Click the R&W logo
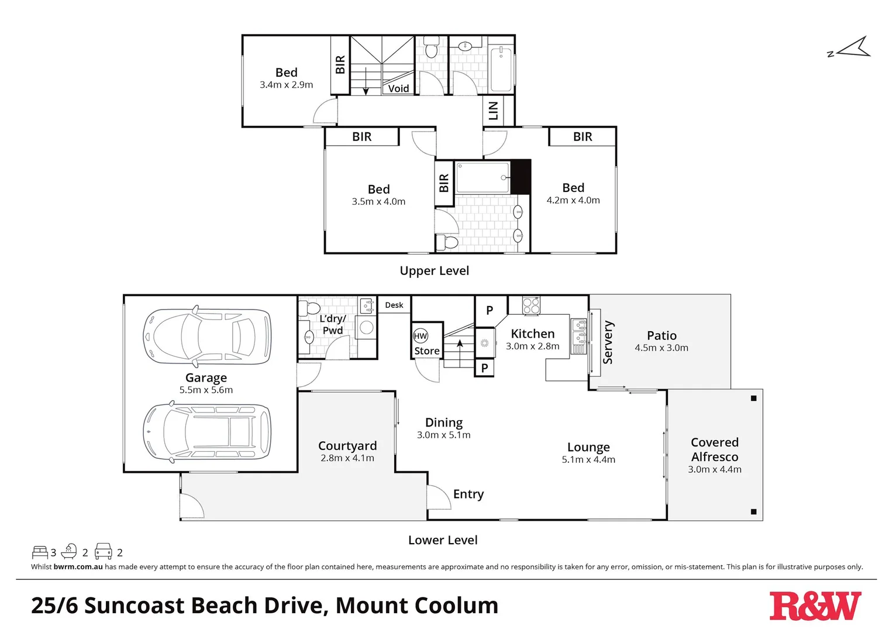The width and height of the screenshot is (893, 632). pos(815,606)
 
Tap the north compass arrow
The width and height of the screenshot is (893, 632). pos(853,49)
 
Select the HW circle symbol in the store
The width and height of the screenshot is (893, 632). pos(420,336)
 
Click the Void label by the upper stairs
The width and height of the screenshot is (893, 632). pos(398,88)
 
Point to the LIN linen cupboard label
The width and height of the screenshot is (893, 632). pos(493,111)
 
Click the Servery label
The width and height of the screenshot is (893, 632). pos(608,342)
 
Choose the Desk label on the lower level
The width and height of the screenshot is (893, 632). pos(394,305)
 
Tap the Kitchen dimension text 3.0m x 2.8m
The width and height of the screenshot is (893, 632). pos(532,346)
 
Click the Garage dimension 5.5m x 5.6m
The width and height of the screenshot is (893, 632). pos(206,390)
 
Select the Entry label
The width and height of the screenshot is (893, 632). pos(468,494)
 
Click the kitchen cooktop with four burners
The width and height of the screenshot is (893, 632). pos(531,305)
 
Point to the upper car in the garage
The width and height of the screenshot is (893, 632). pos(207,336)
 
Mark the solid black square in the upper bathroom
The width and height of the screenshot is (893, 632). pos(520,176)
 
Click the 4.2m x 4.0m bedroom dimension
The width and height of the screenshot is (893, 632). pos(573,200)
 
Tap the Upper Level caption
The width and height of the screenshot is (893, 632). pos(434,270)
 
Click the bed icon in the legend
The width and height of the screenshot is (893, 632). pos(40,552)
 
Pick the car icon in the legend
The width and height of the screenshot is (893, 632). pos(104,551)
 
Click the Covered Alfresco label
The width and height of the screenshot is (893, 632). pos(715,449)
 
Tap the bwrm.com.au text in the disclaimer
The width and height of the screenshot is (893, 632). pos(78,566)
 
